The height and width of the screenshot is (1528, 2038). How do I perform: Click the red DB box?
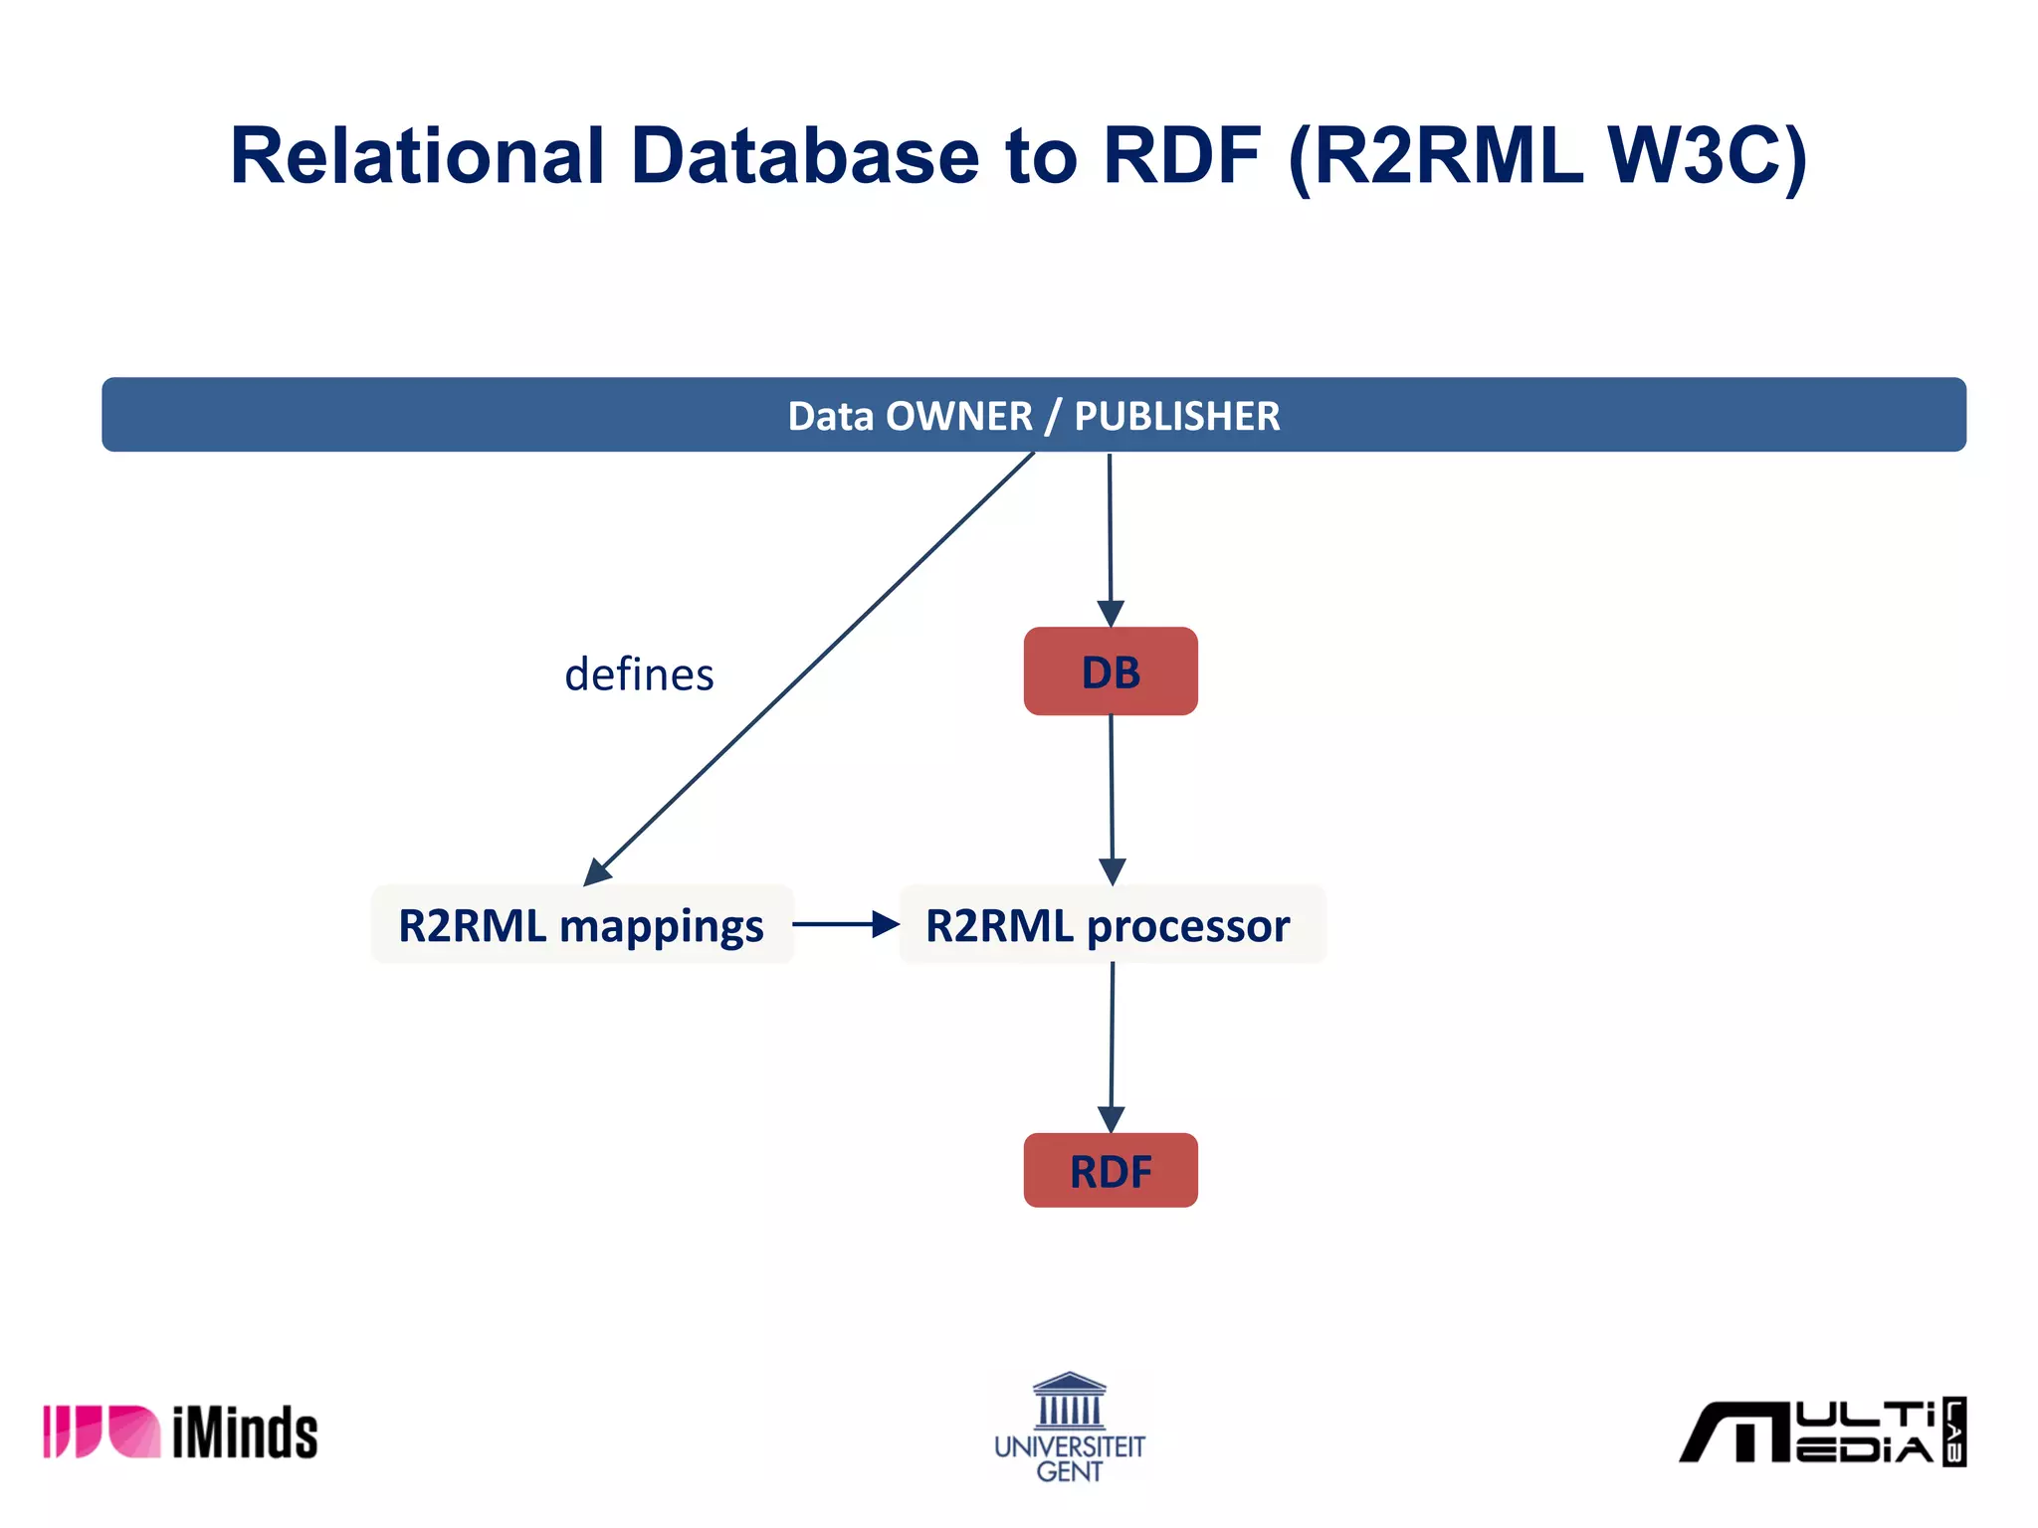tap(1111, 671)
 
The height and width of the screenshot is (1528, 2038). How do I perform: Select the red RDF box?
tap(1111, 1171)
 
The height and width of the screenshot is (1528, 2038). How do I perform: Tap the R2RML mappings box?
tap(581, 925)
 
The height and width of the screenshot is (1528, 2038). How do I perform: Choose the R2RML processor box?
tap(1111, 925)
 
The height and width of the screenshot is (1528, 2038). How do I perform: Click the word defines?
tap(639, 674)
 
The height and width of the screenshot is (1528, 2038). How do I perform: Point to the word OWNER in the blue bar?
tap(958, 416)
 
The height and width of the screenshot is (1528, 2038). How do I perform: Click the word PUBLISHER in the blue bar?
tap(1176, 416)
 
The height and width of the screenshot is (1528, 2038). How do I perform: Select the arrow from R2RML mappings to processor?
tap(845, 924)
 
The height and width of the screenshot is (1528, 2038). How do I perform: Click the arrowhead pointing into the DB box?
tap(1111, 613)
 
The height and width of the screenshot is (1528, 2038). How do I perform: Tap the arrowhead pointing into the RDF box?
tap(1111, 1118)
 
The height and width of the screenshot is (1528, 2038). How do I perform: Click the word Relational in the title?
tap(417, 156)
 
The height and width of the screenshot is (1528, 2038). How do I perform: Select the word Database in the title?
tap(805, 156)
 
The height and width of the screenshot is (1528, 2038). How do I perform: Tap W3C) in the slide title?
tap(1706, 156)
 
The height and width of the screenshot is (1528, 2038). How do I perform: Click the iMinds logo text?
tap(245, 1432)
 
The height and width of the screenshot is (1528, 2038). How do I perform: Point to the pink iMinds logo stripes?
tap(100, 1432)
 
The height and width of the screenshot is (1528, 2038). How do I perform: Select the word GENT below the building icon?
tap(1070, 1471)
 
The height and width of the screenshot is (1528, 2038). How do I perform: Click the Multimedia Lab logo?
tap(1821, 1432)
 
